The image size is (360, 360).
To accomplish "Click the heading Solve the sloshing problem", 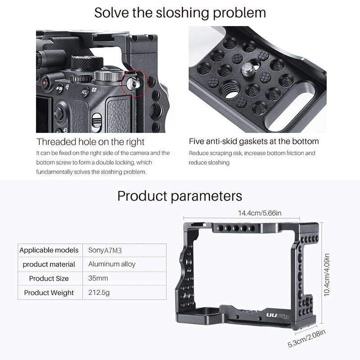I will coord(180,12).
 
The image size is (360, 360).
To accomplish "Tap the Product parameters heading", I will coord(180,196).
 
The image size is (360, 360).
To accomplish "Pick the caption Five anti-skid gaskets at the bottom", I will coord(254,141).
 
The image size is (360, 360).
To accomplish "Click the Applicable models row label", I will coord(49,250).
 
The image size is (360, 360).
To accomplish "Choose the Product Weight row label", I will coord(49,292).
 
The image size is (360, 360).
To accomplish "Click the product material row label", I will coord(49,264).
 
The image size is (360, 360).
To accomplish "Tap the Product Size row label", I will coord(49,278).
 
